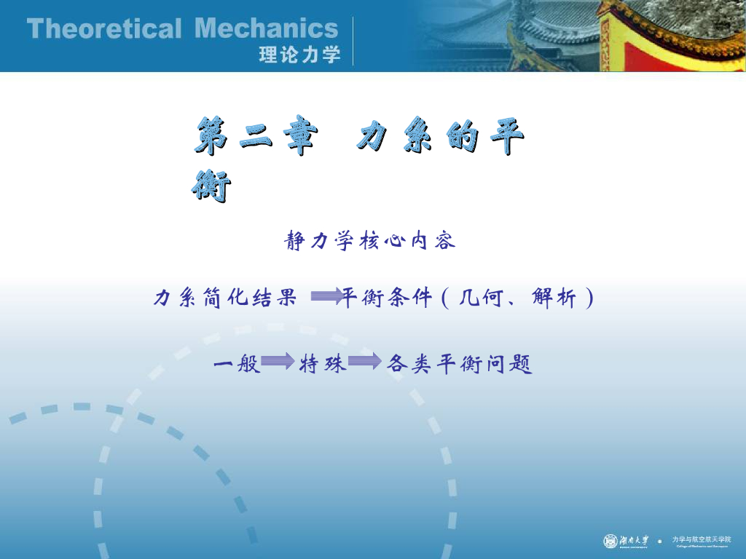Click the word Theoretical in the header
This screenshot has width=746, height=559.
pos(103,29)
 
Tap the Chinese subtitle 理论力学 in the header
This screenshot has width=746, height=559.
pos(299,55)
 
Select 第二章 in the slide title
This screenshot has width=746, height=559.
pos(255,138)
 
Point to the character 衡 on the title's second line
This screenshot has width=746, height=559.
pos(211,186)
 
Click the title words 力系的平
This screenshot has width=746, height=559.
pos(440,138)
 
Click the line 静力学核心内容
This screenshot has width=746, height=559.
pos(371,240)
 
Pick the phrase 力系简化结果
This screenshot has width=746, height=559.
pos(225,298)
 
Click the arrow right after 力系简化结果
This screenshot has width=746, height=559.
pos(326,296)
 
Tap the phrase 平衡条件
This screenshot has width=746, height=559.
pos(387,298)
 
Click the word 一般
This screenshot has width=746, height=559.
pos(237,362)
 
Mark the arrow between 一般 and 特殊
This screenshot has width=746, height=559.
pos(278,361)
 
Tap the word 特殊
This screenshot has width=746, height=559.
pos(322,362)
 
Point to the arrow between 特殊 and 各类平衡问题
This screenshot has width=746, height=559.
pos(364,361)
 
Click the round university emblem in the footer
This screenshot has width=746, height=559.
pos(610,541)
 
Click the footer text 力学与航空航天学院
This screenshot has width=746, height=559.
pos(701,539)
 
